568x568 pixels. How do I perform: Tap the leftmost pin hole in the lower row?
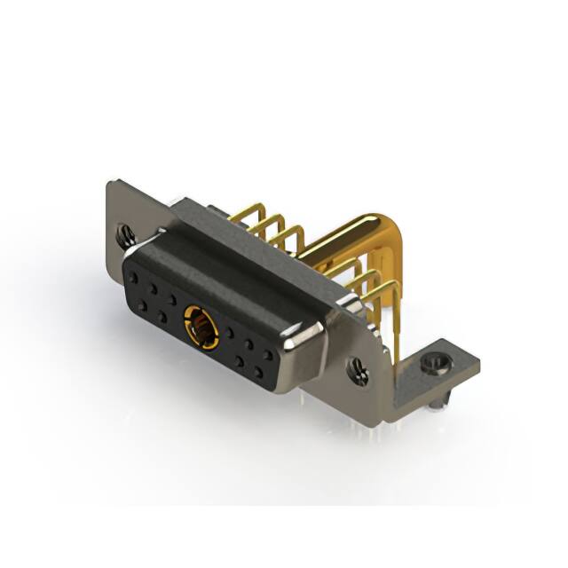142,304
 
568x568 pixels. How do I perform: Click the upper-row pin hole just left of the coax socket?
173,299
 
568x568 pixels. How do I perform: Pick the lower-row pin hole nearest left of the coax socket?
162,316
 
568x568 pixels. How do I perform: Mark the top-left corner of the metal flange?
110,183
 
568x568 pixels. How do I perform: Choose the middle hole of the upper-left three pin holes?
155,288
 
